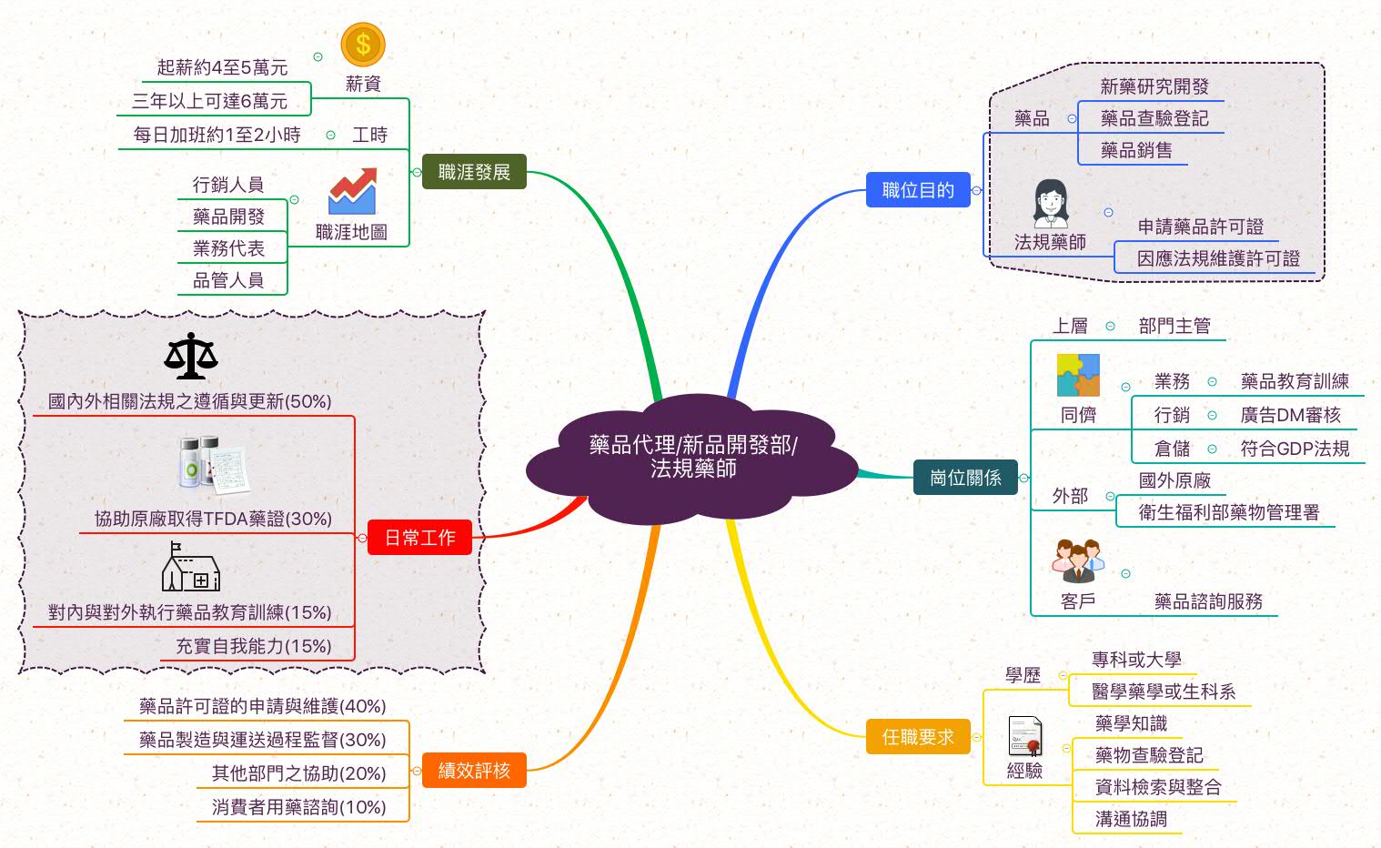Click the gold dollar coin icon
[363, 45]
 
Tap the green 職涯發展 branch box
[474, 171]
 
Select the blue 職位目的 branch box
[918, 189]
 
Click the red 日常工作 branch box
[419, 537]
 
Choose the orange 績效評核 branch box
[474, 770]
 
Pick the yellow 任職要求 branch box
[918, 736]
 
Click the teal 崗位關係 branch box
[965, 477]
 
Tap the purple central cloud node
[692, 459]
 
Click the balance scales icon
[191, 356]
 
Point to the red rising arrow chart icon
[353, 190]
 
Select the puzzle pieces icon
[1078, 375]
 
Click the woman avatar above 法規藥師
[1051, 204]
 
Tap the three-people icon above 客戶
[1078, 560]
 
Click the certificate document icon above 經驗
[1024, 736]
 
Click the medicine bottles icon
[214, 465]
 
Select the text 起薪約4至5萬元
[222, 67]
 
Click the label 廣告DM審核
[1290, 414]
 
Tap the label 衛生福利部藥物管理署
[1229, 512]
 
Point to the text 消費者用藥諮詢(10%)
[299, 807]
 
